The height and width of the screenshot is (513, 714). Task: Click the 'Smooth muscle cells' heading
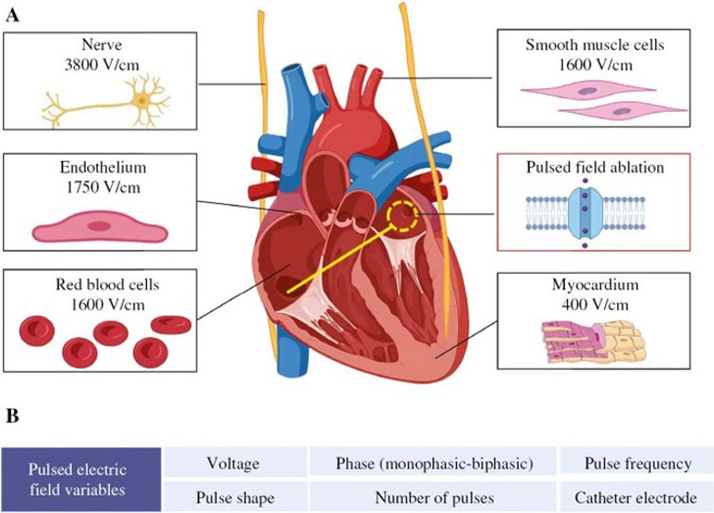pos(595,46)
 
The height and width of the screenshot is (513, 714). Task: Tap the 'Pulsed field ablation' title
pos(595,167)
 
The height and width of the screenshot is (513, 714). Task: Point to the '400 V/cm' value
pos(595,305)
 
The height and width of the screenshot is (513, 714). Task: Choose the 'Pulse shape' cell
pos(234,496)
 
